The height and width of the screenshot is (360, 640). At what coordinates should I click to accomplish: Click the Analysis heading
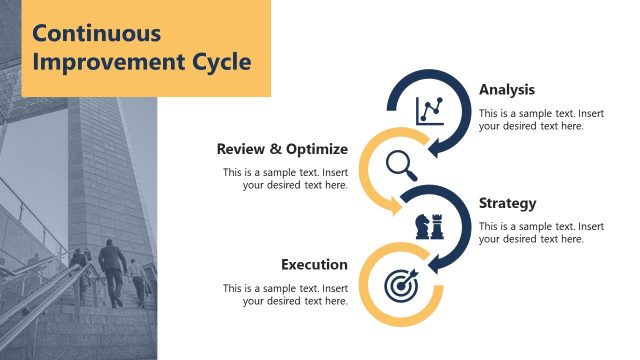pyautogui.click(x=507, y=89)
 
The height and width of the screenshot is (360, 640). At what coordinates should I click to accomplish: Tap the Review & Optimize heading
pyautogui.click(x=282, y=149)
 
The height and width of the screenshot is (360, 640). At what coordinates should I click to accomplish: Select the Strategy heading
pyautogui.click(x=507, y=203)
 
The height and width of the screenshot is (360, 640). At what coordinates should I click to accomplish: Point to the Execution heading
pyautogui.click(x=314, y=265)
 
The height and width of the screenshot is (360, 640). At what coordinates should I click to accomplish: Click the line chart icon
pyautogui.click(x=431, y=109)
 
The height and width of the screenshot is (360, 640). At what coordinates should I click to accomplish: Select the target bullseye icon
pyautogui.click(x=400, y=284)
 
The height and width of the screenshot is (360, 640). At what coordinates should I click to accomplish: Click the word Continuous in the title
pyautogui.click(x=96, y=33)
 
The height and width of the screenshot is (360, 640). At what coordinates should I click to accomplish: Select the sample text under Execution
pyautogui.click(x=286, y=295)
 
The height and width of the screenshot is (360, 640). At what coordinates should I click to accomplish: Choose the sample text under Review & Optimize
pyautogui.click(x=286, y=178)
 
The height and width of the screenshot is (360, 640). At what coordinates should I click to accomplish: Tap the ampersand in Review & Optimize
pyautogui.click(x=274, y=149)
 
